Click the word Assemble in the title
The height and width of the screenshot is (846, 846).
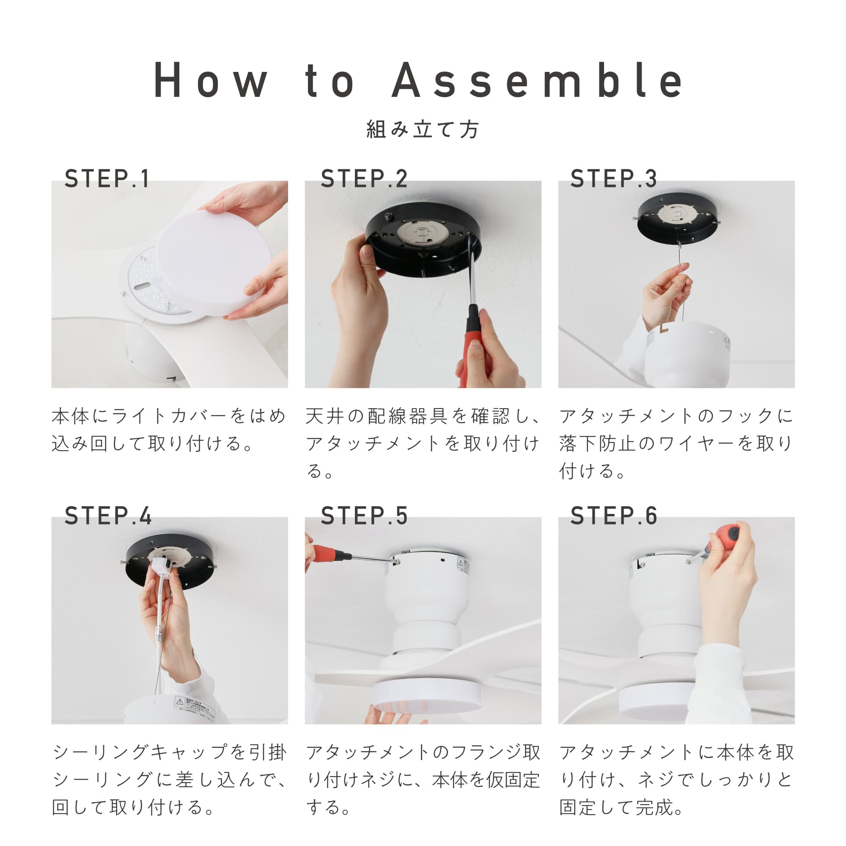(x=537, y=80)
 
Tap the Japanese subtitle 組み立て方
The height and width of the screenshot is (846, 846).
(x=423, y=129)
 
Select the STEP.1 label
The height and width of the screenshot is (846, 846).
(x=107, y=179)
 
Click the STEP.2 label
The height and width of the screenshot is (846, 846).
(x=364, y=179)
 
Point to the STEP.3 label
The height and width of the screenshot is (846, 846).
(x=613, y=179)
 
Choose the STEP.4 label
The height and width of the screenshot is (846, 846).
(x=108, y=515)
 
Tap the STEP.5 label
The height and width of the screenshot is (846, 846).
(x=364, y=515)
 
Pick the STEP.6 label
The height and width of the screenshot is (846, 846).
(x=613, y=515)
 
